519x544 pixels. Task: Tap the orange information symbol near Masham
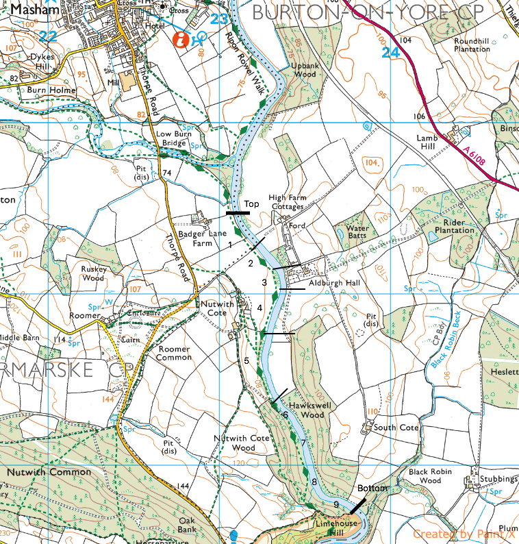point(181,40)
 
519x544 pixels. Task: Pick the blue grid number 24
point(390,51)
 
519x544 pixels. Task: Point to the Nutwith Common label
point(49,472)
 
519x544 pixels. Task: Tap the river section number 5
point(246,360)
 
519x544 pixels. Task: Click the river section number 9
point(336,505)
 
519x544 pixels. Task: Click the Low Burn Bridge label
point(172,139)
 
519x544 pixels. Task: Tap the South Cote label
point(395,428)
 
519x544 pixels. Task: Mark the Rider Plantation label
point(449,227)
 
